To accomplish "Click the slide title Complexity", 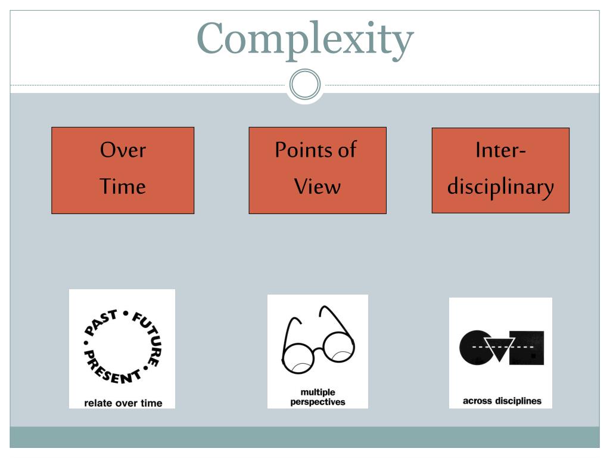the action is click(306, 39).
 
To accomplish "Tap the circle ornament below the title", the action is click(305, 84).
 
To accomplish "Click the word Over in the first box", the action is click(123, 150).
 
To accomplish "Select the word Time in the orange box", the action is click(123, 186).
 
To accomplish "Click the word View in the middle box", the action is click(318, 186).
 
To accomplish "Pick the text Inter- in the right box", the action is click(500, 150).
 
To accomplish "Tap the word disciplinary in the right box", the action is click(500, 188).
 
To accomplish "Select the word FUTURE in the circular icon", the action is click(148, 338).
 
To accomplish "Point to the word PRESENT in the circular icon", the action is click(110, 367).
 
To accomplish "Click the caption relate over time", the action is click(123, 403).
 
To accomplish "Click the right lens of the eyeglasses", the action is click(338, 348).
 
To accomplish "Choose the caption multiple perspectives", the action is click(318, 397).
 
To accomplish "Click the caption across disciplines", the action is click(502, 401).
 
